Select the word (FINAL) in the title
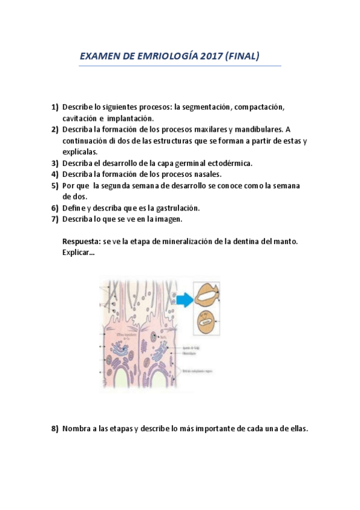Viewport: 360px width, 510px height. (x=240, y=57)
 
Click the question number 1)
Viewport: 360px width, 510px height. (x=55, y=107)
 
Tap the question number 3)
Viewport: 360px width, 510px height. (x=55, y=163)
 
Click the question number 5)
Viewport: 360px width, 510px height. (x=55, y=186)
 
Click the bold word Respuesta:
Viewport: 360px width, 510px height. (x=81, y=241)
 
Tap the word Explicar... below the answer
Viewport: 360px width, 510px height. (x=78, y=253)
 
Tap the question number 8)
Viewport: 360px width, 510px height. (x=55, y=429)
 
